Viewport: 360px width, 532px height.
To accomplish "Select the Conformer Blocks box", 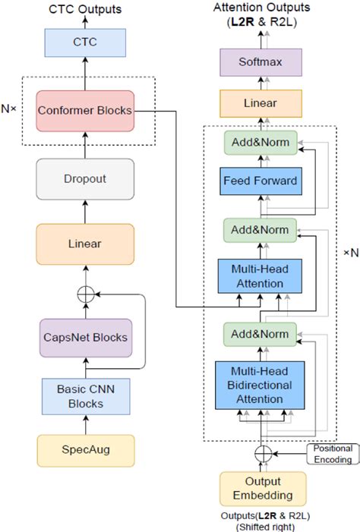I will coord(85,110).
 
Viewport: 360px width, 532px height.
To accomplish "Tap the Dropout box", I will coord(85,179).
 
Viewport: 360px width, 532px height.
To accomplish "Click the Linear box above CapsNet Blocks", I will coord(85,244).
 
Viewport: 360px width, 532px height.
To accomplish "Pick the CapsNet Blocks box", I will coord(85,336).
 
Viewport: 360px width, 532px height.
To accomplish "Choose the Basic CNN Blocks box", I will coord(85,395).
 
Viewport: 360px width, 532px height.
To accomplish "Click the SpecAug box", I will coord(85,451).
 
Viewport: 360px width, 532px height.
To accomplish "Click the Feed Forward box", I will coord(261,181).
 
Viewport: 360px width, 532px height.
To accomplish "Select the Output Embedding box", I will coord(263,488).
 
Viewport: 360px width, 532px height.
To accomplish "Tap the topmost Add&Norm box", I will coord(261,142).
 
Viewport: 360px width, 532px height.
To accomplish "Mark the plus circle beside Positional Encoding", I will coord(263,454).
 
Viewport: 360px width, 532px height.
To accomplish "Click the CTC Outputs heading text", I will coord(85,10).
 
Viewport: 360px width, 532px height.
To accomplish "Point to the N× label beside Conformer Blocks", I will coord(10,109).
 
